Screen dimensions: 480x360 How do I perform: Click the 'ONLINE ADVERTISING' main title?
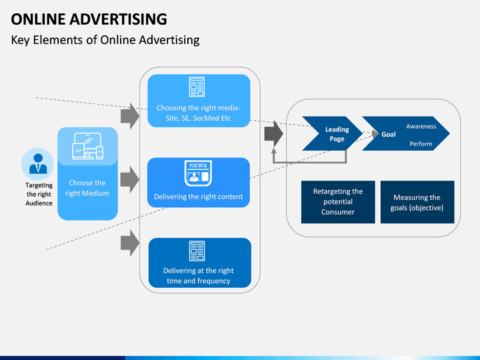89,19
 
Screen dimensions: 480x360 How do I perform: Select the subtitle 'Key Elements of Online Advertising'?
105,40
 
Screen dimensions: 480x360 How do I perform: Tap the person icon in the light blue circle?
38,164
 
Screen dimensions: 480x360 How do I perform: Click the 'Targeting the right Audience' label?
39,194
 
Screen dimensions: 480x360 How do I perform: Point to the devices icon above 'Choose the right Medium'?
87,146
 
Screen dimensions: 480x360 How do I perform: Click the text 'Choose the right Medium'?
87,188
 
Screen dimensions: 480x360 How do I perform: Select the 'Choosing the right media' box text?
199,113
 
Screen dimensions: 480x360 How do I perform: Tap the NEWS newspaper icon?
198,173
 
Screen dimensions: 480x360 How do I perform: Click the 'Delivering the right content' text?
199,197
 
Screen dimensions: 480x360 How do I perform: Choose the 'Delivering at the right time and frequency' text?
199,276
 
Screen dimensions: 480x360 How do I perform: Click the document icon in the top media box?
197,87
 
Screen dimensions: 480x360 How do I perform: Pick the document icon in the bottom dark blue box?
197,251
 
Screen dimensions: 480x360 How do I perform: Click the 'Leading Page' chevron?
333,133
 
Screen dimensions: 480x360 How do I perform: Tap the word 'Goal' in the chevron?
389,135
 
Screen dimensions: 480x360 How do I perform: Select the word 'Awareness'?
421,127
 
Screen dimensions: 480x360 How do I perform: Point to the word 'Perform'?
421,144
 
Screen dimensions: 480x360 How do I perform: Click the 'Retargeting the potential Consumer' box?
338,202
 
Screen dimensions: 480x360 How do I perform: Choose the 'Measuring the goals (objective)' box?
417,202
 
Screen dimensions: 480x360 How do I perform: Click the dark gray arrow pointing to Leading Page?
274,134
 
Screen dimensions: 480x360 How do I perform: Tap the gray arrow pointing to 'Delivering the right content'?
130,179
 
